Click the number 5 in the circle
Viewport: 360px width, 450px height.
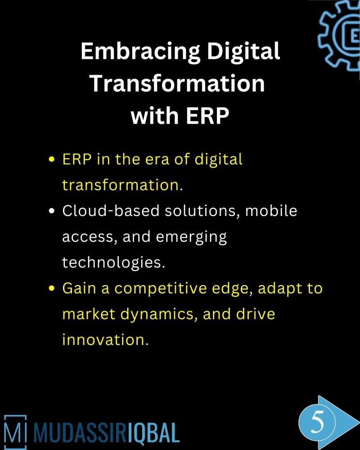(x=317, y=424)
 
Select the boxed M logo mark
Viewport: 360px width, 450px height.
(x=15, y=432)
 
